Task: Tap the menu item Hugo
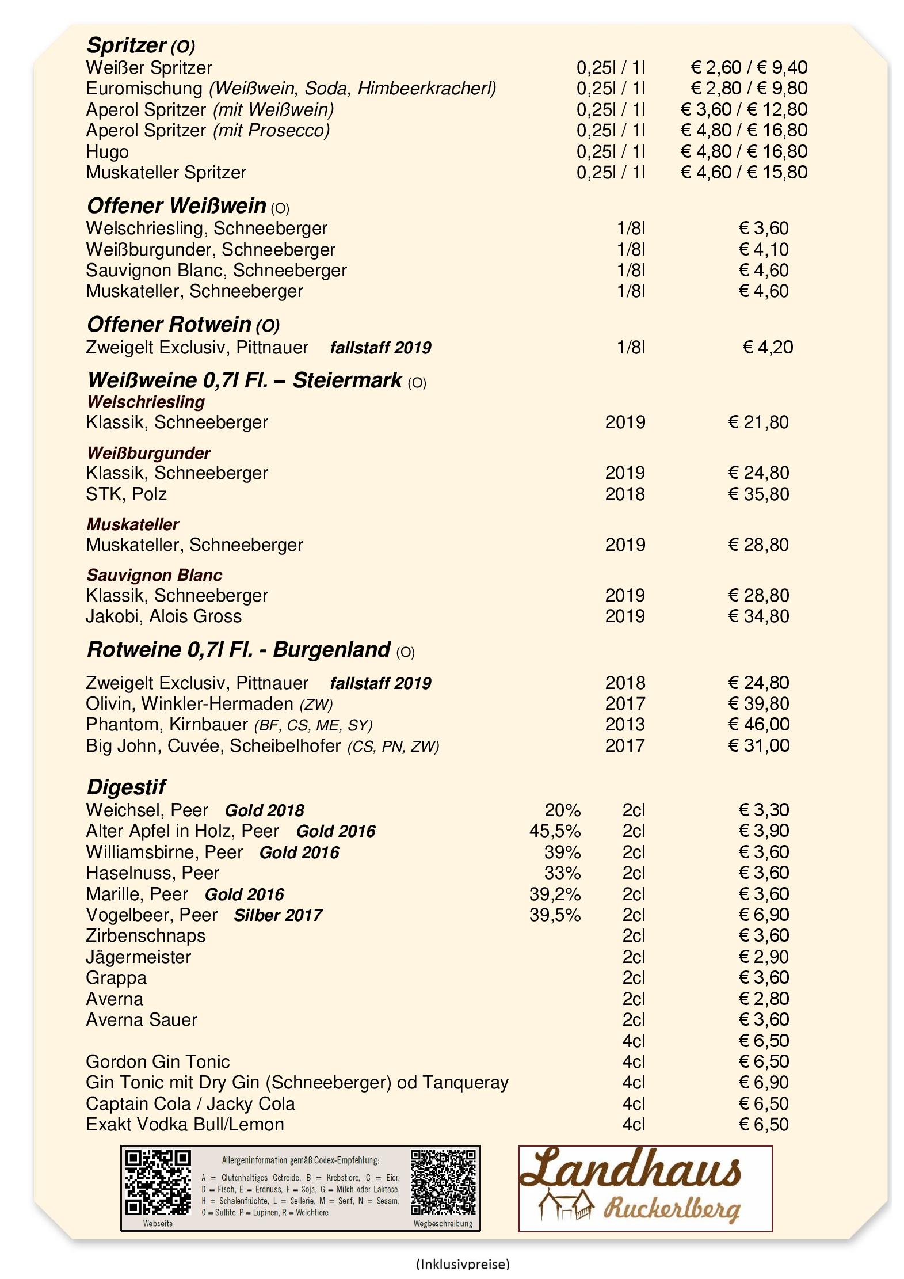107,152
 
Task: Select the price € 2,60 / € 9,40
749,67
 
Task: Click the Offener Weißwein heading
176,205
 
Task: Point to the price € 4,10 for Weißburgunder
763,249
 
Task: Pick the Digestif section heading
126,786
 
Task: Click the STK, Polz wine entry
126,494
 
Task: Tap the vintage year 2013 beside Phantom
624,724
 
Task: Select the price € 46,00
758,724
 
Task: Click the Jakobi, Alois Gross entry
163,616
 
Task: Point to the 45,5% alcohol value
555,831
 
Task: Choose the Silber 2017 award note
277,915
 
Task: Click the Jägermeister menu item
138,957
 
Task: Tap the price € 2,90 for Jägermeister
763,957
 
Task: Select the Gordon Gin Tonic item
158,1061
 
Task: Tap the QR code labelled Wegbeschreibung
444,1181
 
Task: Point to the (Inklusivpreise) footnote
462,1264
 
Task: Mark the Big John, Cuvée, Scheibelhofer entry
262,746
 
